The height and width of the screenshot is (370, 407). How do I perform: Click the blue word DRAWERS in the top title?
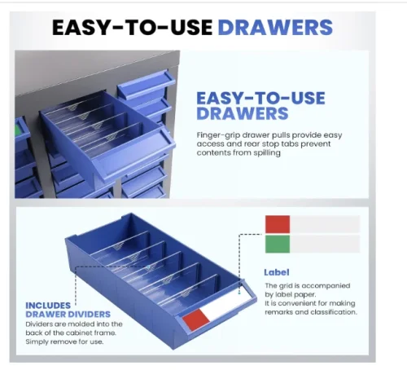click(x=275, y=28)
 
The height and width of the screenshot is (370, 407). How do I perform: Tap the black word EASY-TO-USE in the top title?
click(x=133, y=28)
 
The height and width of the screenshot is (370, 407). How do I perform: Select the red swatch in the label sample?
click(x=278, y=224)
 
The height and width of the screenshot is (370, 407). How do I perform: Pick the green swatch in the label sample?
click(x=278, y=244)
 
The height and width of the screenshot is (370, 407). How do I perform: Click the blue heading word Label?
click(x=277, y=272)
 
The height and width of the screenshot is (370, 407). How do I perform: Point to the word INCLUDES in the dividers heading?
click(x=48, y=306)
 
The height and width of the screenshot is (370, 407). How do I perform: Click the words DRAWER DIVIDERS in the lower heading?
click(x=68, y=315)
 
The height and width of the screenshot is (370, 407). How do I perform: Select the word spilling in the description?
click(x=267, y=153)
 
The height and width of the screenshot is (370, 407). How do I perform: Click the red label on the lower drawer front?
click(x=196, y=320)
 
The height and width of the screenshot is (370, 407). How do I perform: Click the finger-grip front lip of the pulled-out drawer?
click(x=136, y=152)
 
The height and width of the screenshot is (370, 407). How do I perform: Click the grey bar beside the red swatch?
click(x=325, y=224)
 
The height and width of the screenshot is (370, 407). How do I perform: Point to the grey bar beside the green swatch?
click(x=325, y=244)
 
